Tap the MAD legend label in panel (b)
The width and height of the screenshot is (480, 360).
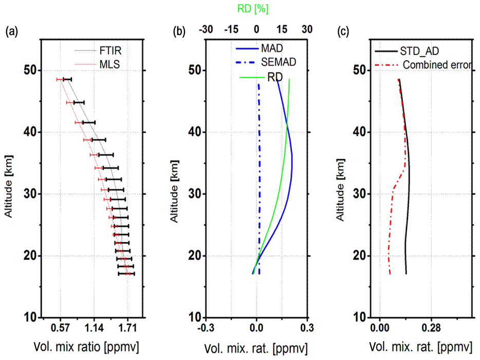tap(272, 49)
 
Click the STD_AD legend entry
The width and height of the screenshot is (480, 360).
tap(421, 51)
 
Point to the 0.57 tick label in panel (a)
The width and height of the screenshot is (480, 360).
tap(60, 327)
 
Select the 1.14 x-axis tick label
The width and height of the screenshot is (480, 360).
tap(94, 327)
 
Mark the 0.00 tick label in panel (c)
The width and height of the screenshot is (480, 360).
tap(380, 328)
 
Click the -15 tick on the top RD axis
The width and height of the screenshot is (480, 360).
tap(231, 30)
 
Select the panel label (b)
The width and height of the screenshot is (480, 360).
tap(179, 32)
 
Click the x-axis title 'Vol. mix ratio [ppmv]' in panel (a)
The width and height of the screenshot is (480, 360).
tap(86, 344)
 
